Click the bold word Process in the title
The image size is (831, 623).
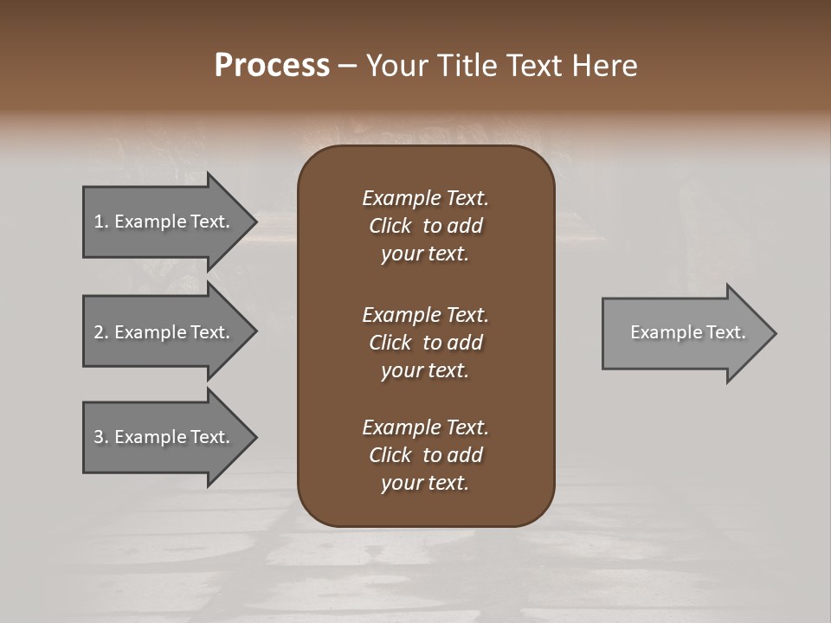click(272, 66)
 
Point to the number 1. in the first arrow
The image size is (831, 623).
click(101, 222)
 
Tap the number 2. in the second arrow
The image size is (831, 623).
click(101, 332)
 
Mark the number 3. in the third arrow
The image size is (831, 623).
click(101, 437)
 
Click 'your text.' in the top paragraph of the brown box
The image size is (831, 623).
click(425, 254)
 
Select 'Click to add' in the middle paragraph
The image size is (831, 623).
click(425, 343)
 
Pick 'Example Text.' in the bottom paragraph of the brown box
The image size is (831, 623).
click(425, 427)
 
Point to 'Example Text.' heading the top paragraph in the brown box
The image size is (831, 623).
click(425, 198)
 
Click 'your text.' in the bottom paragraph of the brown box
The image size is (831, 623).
click(425, 484)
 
